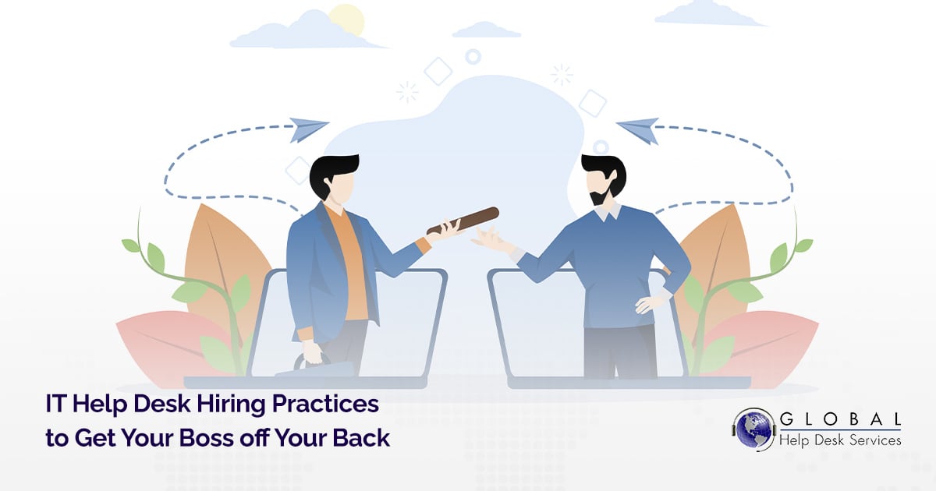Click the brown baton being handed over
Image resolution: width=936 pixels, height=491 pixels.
pos(463,220)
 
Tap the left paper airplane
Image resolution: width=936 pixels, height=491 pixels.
pos(308,129)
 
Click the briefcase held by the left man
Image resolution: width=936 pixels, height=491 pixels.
pos(324,366)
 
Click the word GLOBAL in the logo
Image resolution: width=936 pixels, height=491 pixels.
pos(839,419)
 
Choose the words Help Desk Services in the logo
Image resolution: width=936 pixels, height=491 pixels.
pos(839,440)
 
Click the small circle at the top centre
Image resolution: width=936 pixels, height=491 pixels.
pos(473,56)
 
